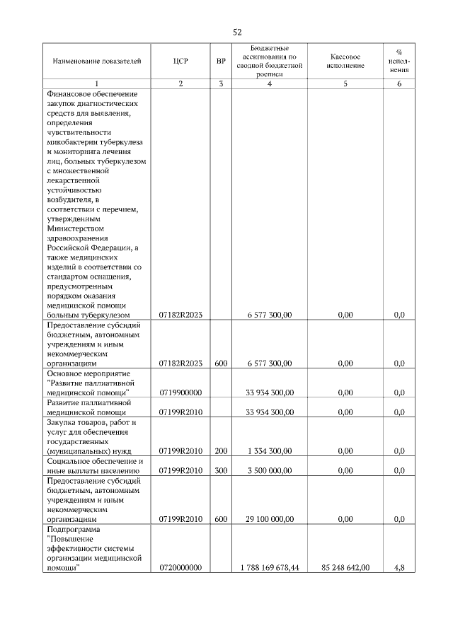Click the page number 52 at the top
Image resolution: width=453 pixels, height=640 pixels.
tap(237, 31)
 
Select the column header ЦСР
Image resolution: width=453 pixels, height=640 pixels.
tap(180, 62)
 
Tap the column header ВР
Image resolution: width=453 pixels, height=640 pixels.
tap(221, 62)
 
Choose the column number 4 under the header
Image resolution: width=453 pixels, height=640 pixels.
tap(269, 84)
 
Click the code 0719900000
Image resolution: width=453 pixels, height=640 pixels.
tap(180, 391)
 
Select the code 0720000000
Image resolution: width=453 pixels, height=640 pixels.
tap(180, 567)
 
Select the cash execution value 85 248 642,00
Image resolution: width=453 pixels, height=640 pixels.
tap(345, 567)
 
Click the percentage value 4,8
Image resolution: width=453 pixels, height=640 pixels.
tap(398, 567)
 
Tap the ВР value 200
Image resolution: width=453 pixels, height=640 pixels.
tap(221, 450)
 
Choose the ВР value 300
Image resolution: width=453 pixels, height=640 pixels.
tap(221, 470)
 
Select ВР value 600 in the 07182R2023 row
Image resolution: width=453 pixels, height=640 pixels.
tap(221, 363)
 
